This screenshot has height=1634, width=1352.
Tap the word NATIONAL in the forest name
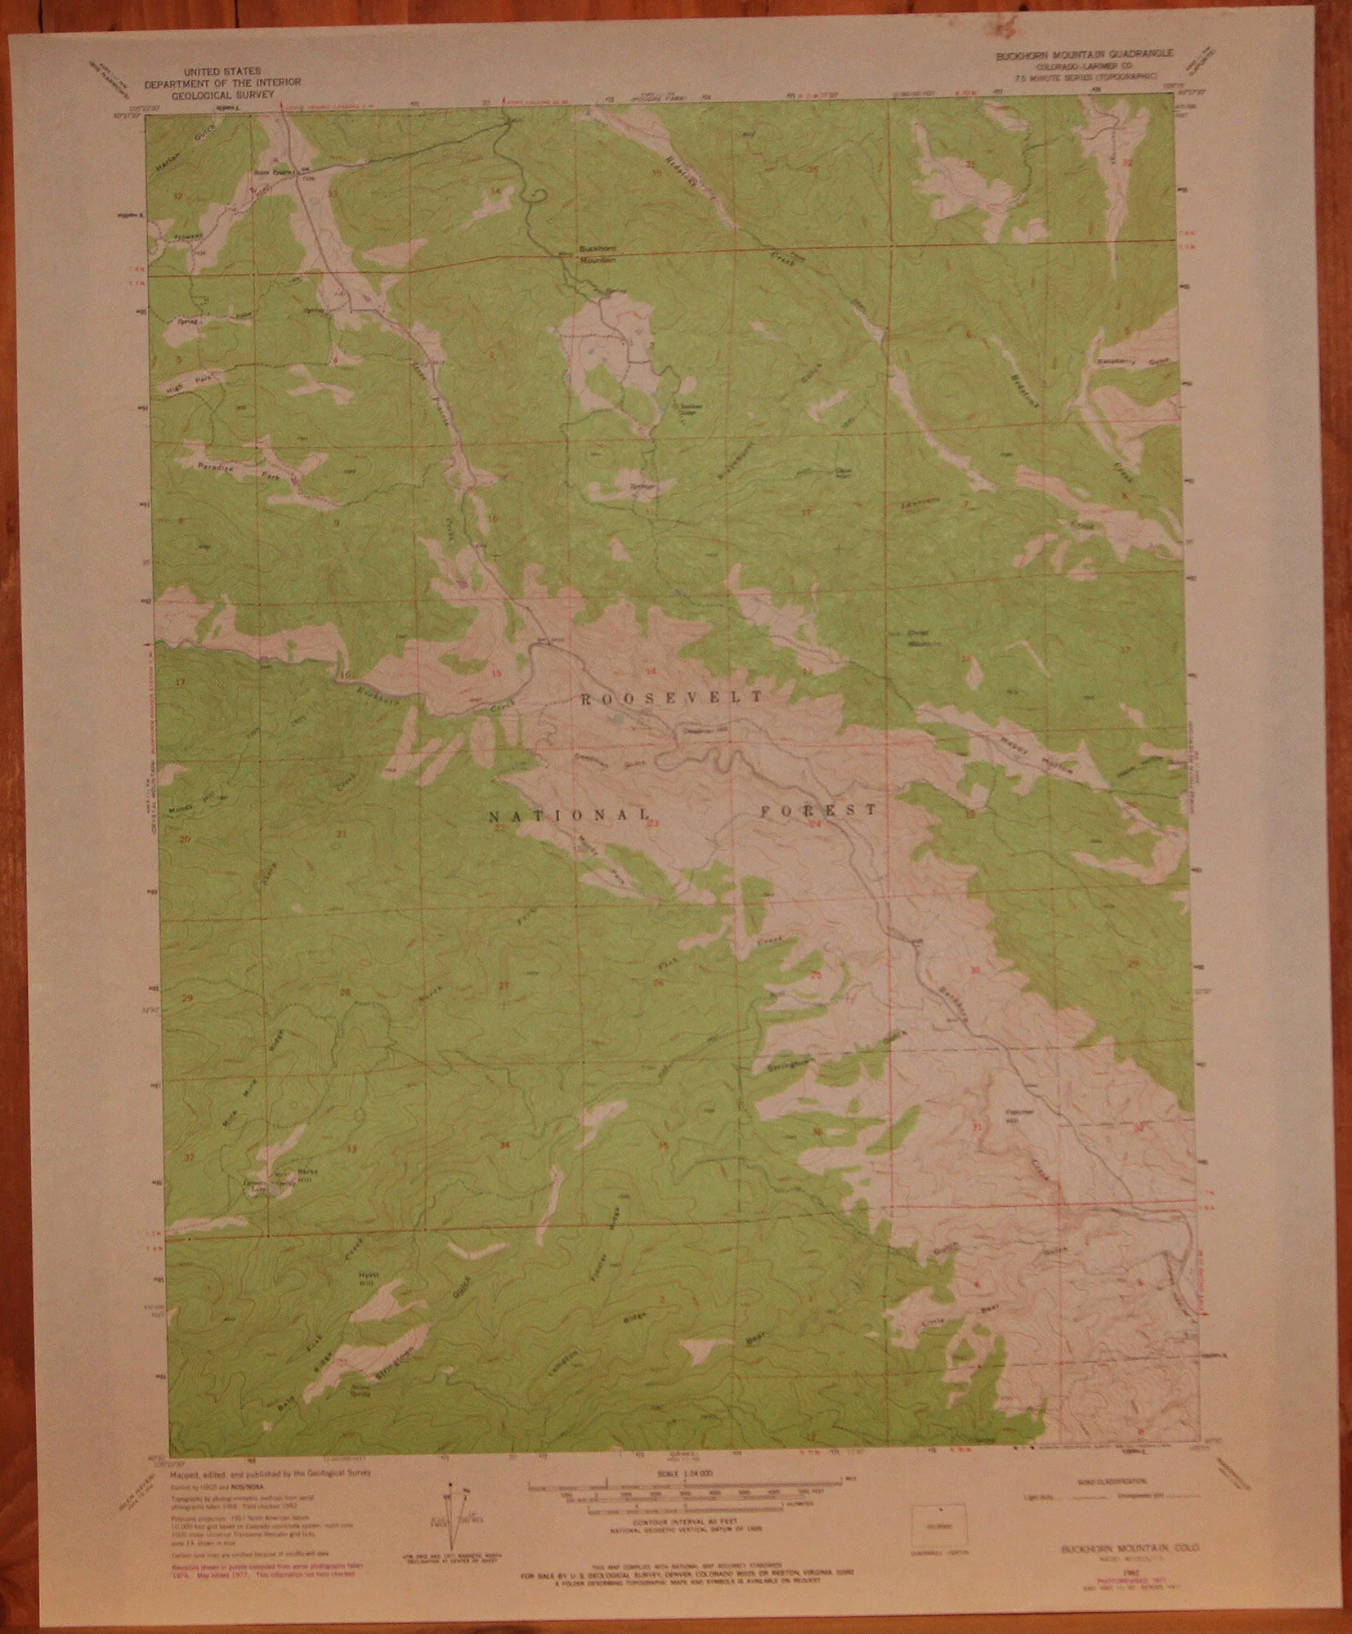[570, 815]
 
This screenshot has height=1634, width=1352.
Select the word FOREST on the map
[818, 810]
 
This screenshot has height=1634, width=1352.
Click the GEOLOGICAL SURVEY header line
[222, 94]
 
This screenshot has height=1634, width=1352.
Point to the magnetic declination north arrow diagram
[454, 1520]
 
